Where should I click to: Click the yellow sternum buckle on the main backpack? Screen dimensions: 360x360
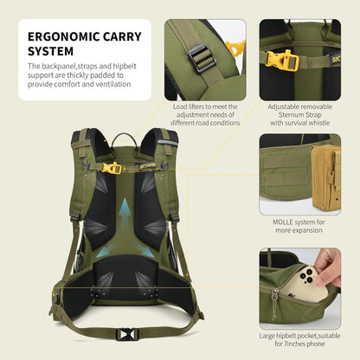click(111, 169)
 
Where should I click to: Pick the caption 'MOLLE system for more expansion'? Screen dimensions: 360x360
click(299, 225)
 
